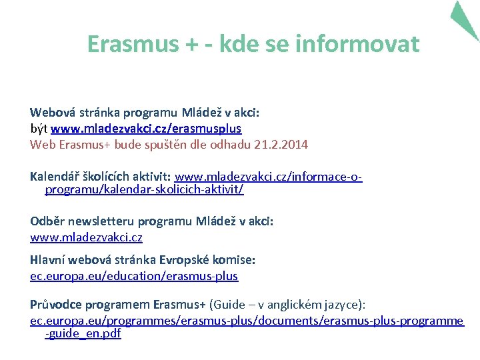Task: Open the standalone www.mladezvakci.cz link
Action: tap(86, 237)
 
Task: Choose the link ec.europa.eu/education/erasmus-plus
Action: tap(134, 275)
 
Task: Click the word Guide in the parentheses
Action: tap(227, 305)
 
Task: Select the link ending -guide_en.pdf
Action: tap(83, 333)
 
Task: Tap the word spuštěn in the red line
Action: tap(175, 144)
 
